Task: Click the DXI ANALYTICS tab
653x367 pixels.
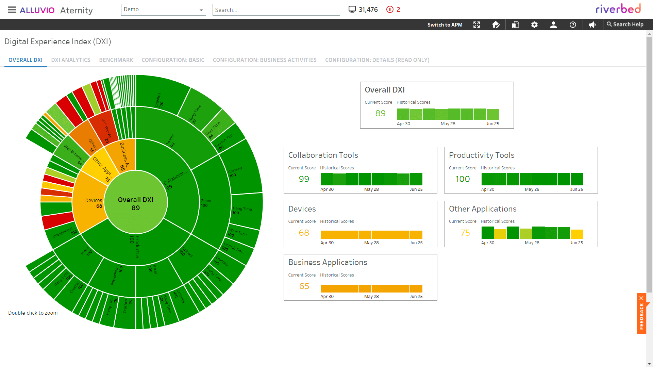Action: coord(71,60)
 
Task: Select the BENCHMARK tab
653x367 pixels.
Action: coord(116,60)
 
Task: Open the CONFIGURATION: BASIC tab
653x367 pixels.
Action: coord(173,60)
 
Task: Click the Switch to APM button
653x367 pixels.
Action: coord(445,24)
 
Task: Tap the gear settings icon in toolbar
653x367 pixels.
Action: coord(534,24)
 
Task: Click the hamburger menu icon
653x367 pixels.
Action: coord(12,10)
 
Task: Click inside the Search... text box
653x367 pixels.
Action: coord(276,10)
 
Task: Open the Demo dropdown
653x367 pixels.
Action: coord(163,10)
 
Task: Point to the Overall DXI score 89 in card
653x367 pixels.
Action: coord(380,113)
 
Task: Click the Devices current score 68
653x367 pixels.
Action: coord(304,233)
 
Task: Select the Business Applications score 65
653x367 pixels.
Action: coord(304,286)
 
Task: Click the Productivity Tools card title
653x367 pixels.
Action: coord(481,155)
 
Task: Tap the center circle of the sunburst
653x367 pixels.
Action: coord(135,203)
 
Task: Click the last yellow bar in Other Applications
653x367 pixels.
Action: coord(576,234)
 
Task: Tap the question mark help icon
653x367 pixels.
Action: coord(573,24)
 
